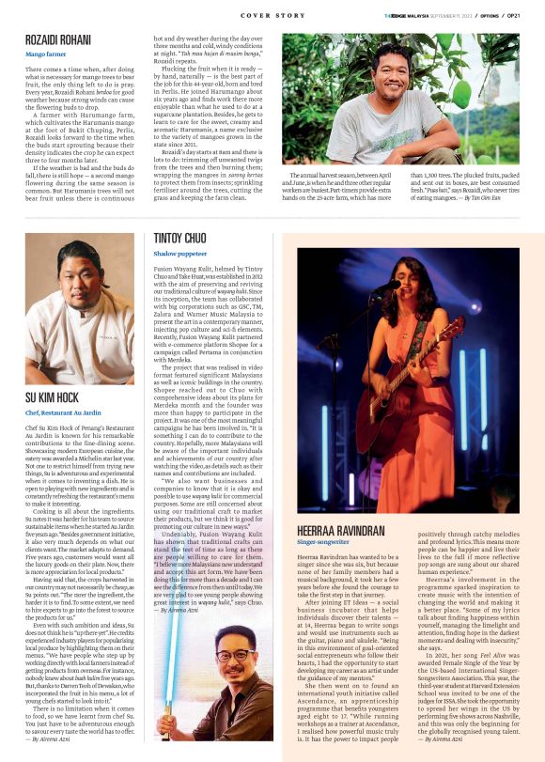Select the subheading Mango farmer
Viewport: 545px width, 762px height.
(46, 54)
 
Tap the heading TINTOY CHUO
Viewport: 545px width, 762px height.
(180, 239)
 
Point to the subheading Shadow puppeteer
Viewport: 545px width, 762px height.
(180, 253)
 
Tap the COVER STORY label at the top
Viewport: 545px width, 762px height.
(272, 15)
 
